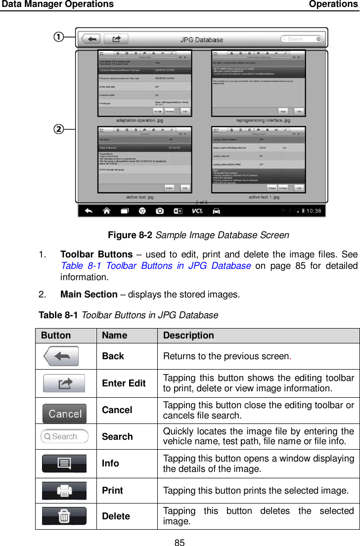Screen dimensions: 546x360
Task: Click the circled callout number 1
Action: pos(58,37)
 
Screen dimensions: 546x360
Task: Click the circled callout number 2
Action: pos(58,129)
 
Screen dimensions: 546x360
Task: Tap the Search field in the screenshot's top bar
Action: pos(301,39)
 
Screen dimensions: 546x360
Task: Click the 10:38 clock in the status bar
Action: pos(311,211)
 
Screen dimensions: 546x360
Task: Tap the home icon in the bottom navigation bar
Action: pos(106,211)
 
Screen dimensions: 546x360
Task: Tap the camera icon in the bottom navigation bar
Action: pos(160,211)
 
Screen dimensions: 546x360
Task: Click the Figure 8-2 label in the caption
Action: pos(130,235)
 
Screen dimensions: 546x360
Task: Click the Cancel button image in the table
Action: pos(64,414)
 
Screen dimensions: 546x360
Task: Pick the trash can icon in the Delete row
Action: pos(64,516)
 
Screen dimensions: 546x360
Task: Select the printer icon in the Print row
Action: pos(64,491)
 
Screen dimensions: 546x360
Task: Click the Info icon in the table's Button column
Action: pos(64,463)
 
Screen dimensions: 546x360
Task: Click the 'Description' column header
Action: pos(188,335)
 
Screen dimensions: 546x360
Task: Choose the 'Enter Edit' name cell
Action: pos(124,383)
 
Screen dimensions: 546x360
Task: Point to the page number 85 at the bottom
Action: pos(180,543)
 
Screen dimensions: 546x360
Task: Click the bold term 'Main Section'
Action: pos(89,294)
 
